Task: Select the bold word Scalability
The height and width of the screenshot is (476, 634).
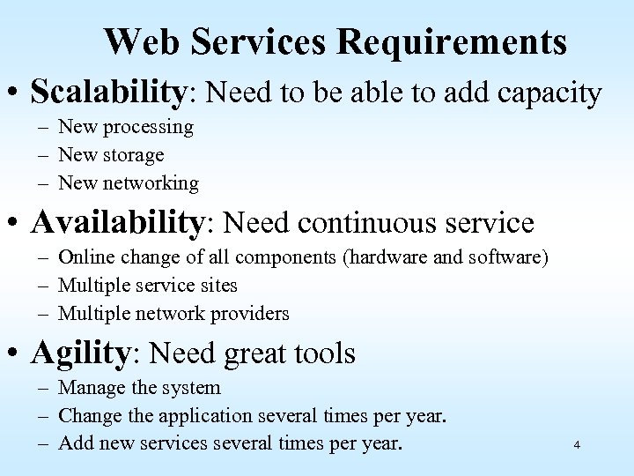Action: coord(110,91)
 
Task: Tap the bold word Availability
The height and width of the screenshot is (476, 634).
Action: coord(117,222)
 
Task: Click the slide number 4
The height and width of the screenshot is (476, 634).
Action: coord(576,444)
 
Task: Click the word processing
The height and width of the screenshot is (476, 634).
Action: coord(148,127)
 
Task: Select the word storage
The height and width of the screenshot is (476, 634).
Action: coord(134,155)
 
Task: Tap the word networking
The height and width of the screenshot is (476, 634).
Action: coord(151,183)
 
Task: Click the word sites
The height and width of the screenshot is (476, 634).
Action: coord(217,286)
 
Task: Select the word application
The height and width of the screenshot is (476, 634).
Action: coord(210,416)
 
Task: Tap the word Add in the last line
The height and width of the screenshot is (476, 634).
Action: coord(73,444)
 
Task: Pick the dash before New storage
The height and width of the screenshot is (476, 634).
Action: coord(44,155)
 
